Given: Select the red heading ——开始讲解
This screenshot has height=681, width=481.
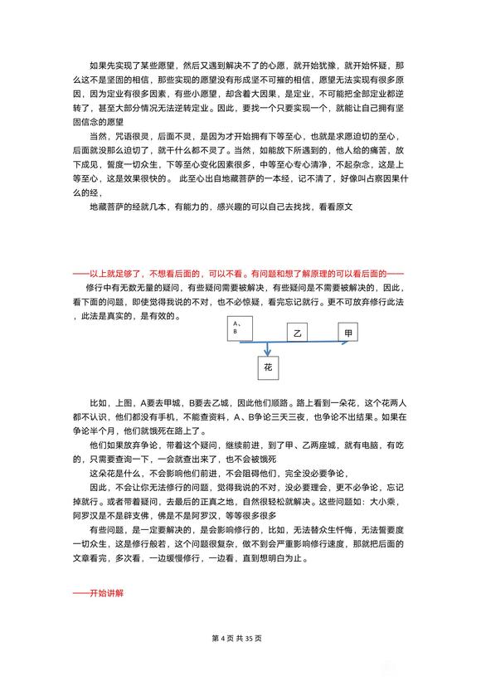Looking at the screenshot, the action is tap(100, 593).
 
